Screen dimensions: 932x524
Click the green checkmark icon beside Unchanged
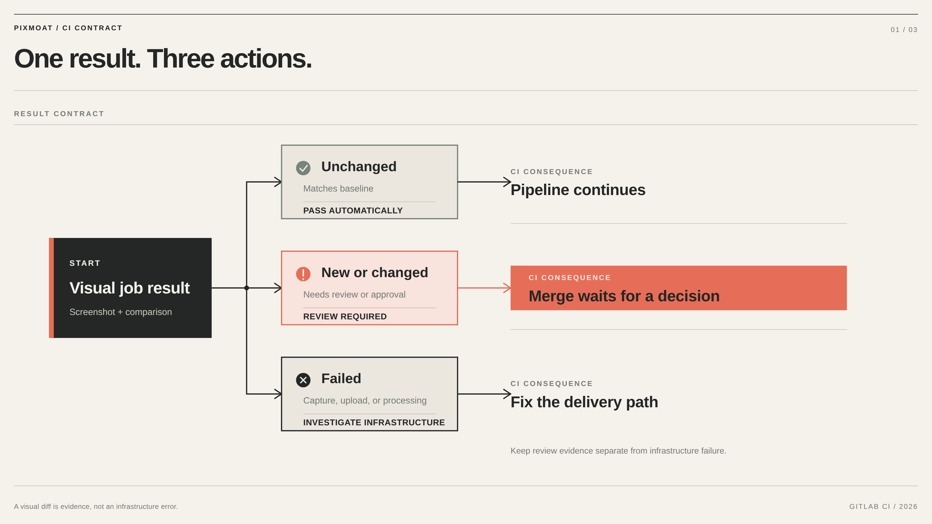click(x=303, y=168)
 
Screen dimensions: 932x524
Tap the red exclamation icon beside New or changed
click(x=303, y=274)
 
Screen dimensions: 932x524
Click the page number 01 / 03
click(x=904, y=30)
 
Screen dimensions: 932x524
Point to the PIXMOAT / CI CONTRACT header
click(x=68, y=28)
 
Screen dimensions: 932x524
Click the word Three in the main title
click(x=181, y=59)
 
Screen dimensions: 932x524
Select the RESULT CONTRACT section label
click(x=59, y=114)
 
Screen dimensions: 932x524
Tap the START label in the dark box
click(x=85, y=263)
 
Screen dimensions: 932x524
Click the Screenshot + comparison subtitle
click(x=121, y=312)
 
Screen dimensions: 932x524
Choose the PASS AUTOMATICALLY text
click(x=353, y=210)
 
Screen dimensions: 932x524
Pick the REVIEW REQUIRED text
click(x=345, y=316)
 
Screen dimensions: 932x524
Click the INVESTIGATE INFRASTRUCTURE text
click(x=374, y=422)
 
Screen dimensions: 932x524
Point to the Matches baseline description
click(x=338, y=188)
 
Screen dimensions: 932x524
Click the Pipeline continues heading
click(x=578, y=190)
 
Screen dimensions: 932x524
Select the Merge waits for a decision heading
click(x=624, y=296)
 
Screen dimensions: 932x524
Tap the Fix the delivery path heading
click(x=584, y=402)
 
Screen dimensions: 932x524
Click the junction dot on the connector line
click(x=246, y=288)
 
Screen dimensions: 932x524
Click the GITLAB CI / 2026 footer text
click(x=883, y=506)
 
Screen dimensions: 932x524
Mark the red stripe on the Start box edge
click(x=51, y=288)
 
